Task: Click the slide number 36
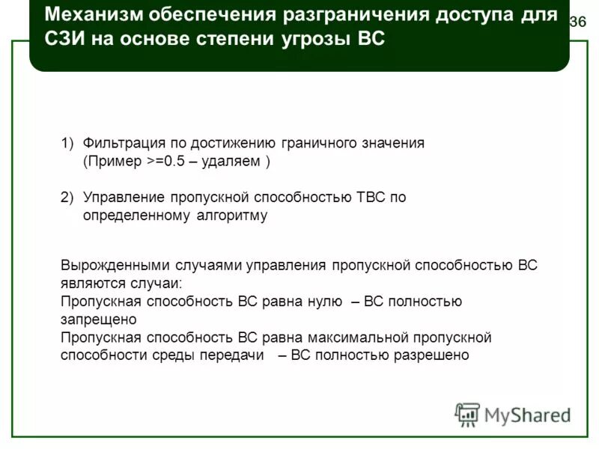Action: click(577, 22)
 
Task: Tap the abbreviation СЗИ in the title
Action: click(64, 40)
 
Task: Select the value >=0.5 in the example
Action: click(166, 161)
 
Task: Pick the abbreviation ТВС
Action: click(371, 197)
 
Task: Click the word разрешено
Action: click(434, 355)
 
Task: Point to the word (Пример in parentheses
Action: click(113, 161)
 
